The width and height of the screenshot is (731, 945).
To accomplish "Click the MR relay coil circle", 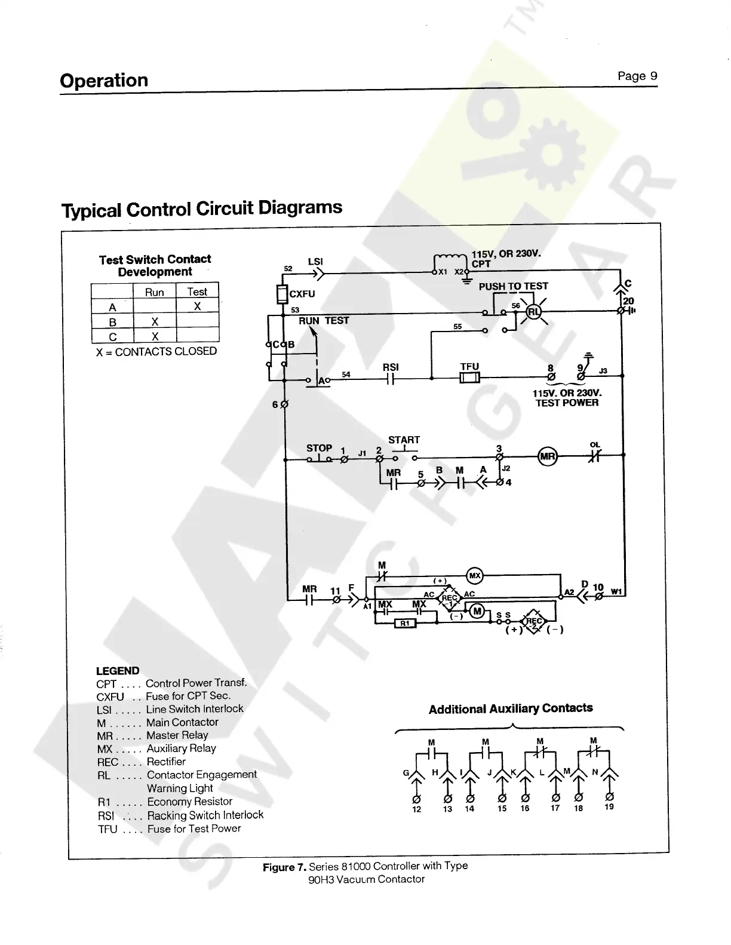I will [x=548, y=457].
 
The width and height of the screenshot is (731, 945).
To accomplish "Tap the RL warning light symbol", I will [x=533, y=311].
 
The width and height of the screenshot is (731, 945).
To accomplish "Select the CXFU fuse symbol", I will [x=282, y=294].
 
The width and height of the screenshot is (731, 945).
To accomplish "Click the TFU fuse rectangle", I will [x=469, y=377].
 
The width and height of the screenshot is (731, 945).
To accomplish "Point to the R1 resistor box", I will [x=404, y=624].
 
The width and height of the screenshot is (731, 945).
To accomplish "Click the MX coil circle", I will [x=475, y=576].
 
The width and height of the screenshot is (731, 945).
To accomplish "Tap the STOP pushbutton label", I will [x=319, y=448].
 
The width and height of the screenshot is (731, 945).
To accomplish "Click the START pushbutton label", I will [x=404, y=440].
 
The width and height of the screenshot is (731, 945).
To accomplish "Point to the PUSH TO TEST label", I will [x=513, y=286].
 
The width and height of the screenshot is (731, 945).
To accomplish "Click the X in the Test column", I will [x=197, y=306].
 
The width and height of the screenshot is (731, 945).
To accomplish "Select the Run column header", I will [x=154, y=292].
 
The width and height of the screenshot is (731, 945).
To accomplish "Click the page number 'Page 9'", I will [x=637, y=76].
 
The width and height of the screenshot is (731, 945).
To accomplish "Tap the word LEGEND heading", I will [x=118, y=671].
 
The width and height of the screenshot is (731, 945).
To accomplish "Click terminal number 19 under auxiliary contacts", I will [x=609, y=806].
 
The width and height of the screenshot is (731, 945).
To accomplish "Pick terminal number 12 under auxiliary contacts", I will [x=416, y=809].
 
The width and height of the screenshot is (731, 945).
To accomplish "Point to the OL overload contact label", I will [x=595, y=444].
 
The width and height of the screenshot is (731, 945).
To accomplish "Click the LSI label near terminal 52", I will [x=315, y=261].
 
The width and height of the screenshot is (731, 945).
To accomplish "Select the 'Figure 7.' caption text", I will [x=285, y=867].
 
